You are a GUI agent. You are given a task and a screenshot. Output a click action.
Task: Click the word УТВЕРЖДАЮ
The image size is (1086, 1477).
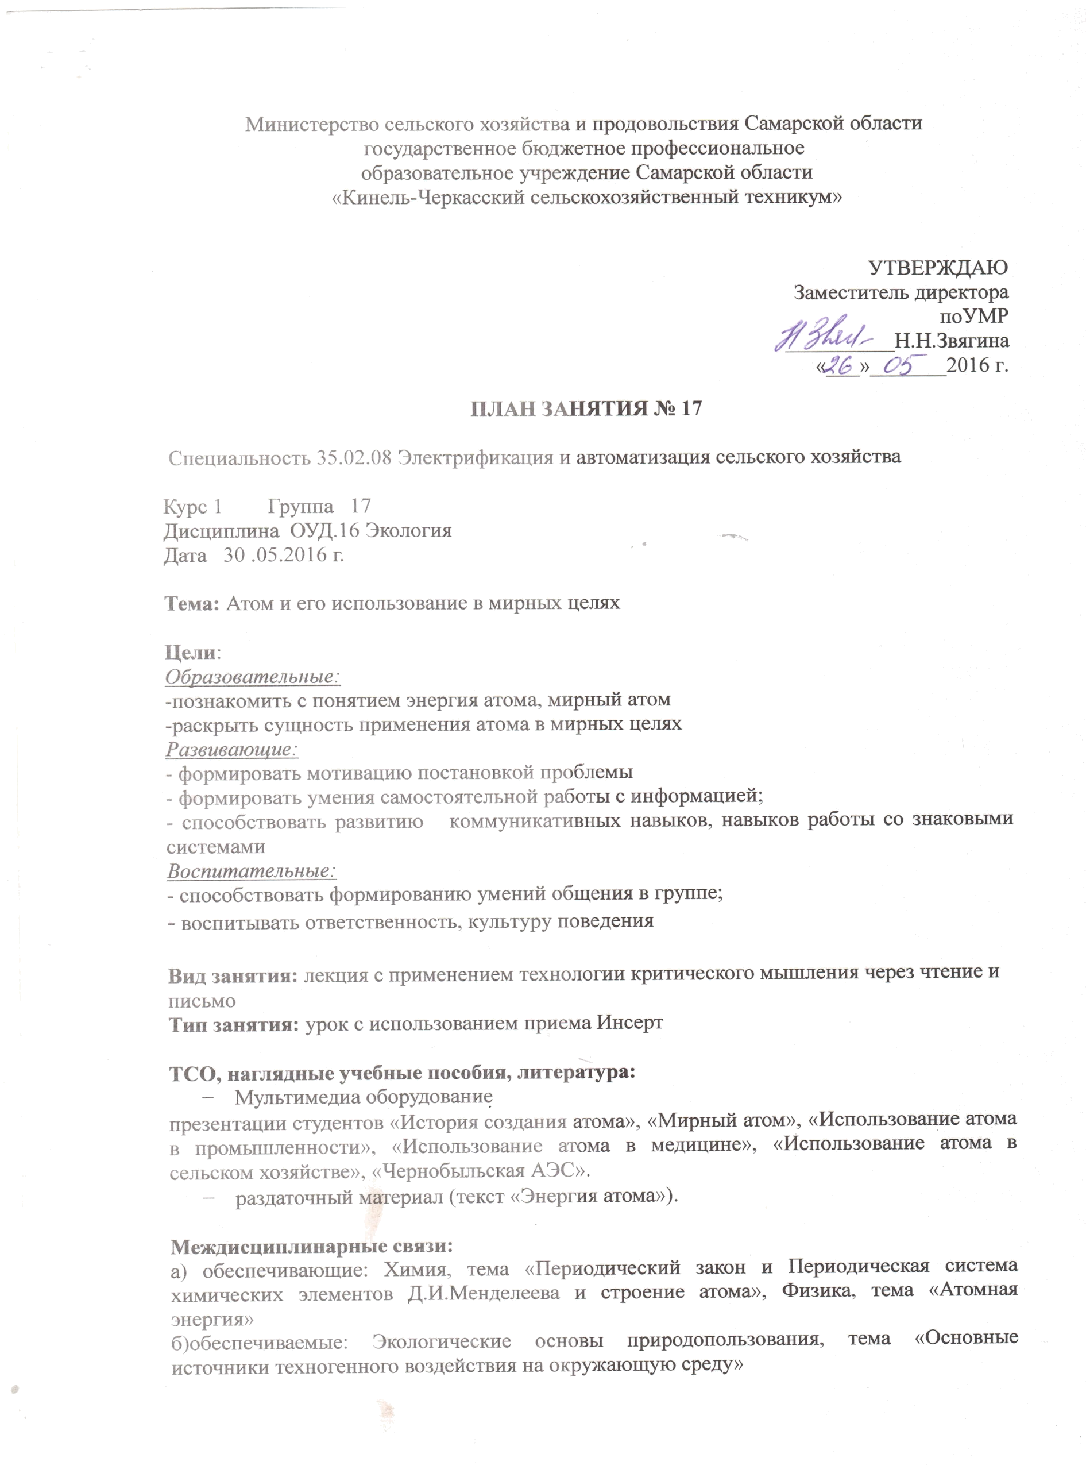coord(938,268)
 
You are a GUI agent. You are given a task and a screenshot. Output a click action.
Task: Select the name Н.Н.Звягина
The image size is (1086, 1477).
coord(951,341)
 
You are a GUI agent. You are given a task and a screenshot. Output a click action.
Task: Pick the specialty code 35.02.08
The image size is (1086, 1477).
coord(354,458)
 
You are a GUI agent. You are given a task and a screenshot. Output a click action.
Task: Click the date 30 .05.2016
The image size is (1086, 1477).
coord(283,555)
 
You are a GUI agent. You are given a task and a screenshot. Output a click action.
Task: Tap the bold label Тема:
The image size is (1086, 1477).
coord(191,604)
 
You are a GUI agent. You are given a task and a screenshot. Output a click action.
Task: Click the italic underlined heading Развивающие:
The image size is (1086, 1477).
coord(231,749)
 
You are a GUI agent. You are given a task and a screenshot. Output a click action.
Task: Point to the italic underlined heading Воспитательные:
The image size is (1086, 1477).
coord(251,871)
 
